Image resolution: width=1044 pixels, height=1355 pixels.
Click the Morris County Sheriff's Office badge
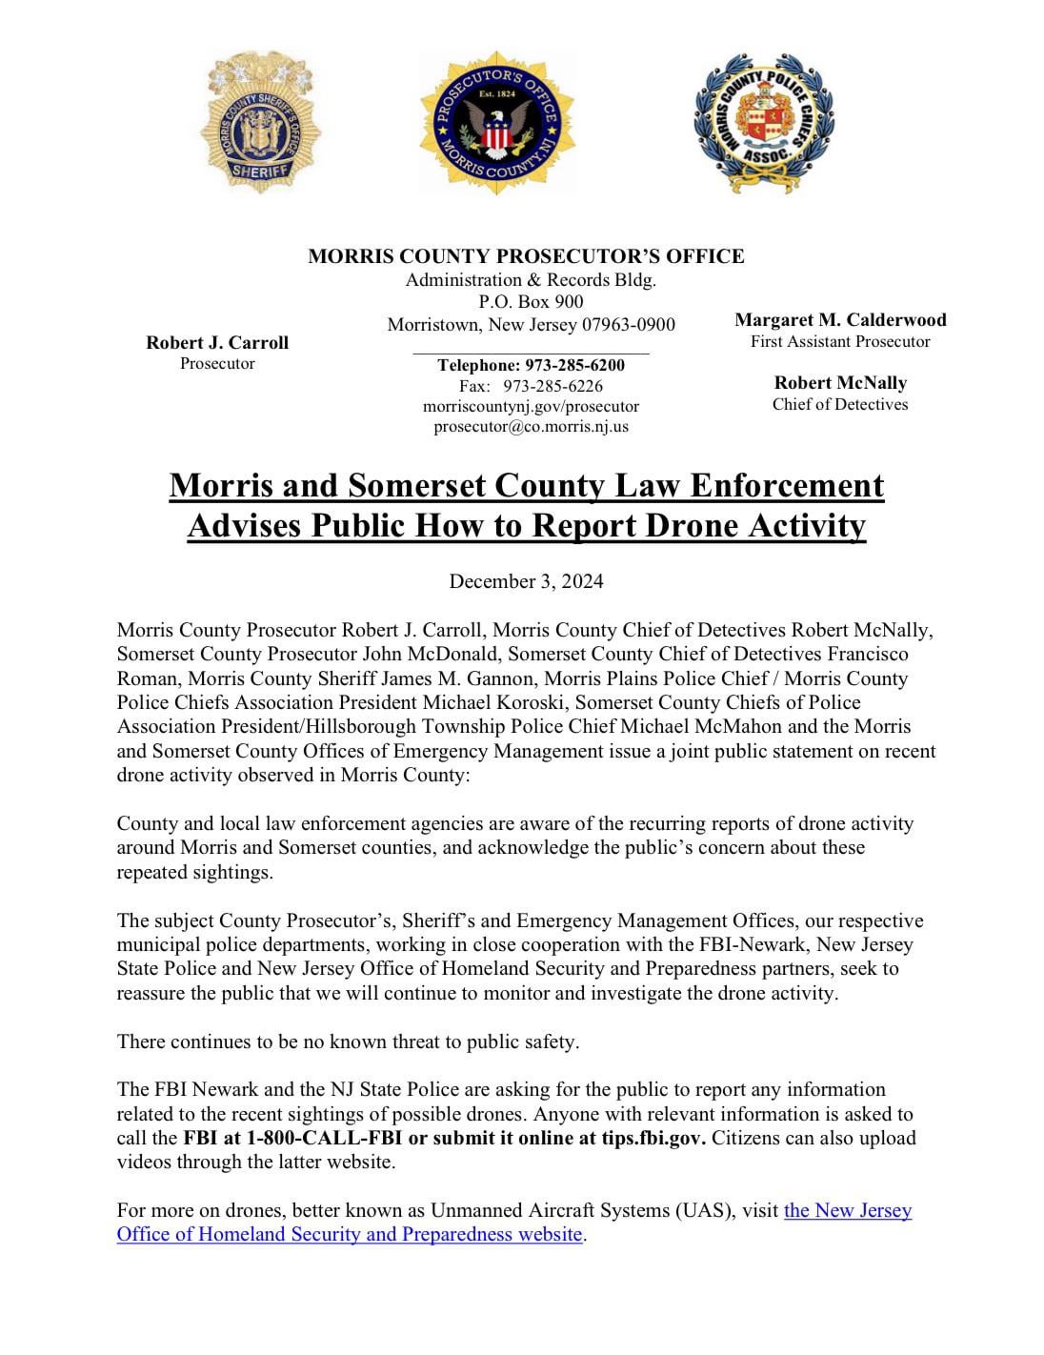[260, 123]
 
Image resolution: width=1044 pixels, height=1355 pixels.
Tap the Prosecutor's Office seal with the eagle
[496, 123]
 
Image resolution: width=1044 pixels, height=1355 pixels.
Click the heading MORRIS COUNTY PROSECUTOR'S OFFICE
[526, 256]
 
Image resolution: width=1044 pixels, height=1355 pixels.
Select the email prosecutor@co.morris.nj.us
[531, 426]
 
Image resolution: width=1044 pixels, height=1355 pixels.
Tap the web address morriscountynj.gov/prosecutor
[531, 406]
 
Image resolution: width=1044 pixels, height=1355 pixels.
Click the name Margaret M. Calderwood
[840, 320]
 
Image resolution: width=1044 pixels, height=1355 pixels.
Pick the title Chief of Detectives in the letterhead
[840, 404]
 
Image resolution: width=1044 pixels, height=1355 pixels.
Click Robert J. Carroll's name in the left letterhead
[217, 343]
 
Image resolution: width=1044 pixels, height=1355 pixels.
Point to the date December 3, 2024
[526, 581]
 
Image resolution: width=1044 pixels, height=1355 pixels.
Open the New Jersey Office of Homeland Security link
[514, 1223]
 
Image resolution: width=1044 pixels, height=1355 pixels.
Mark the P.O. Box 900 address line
[531, 302]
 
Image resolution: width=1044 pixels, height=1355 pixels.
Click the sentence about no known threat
[348, 1042]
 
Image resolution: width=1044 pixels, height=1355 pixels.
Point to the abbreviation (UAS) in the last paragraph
[706, 1210]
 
